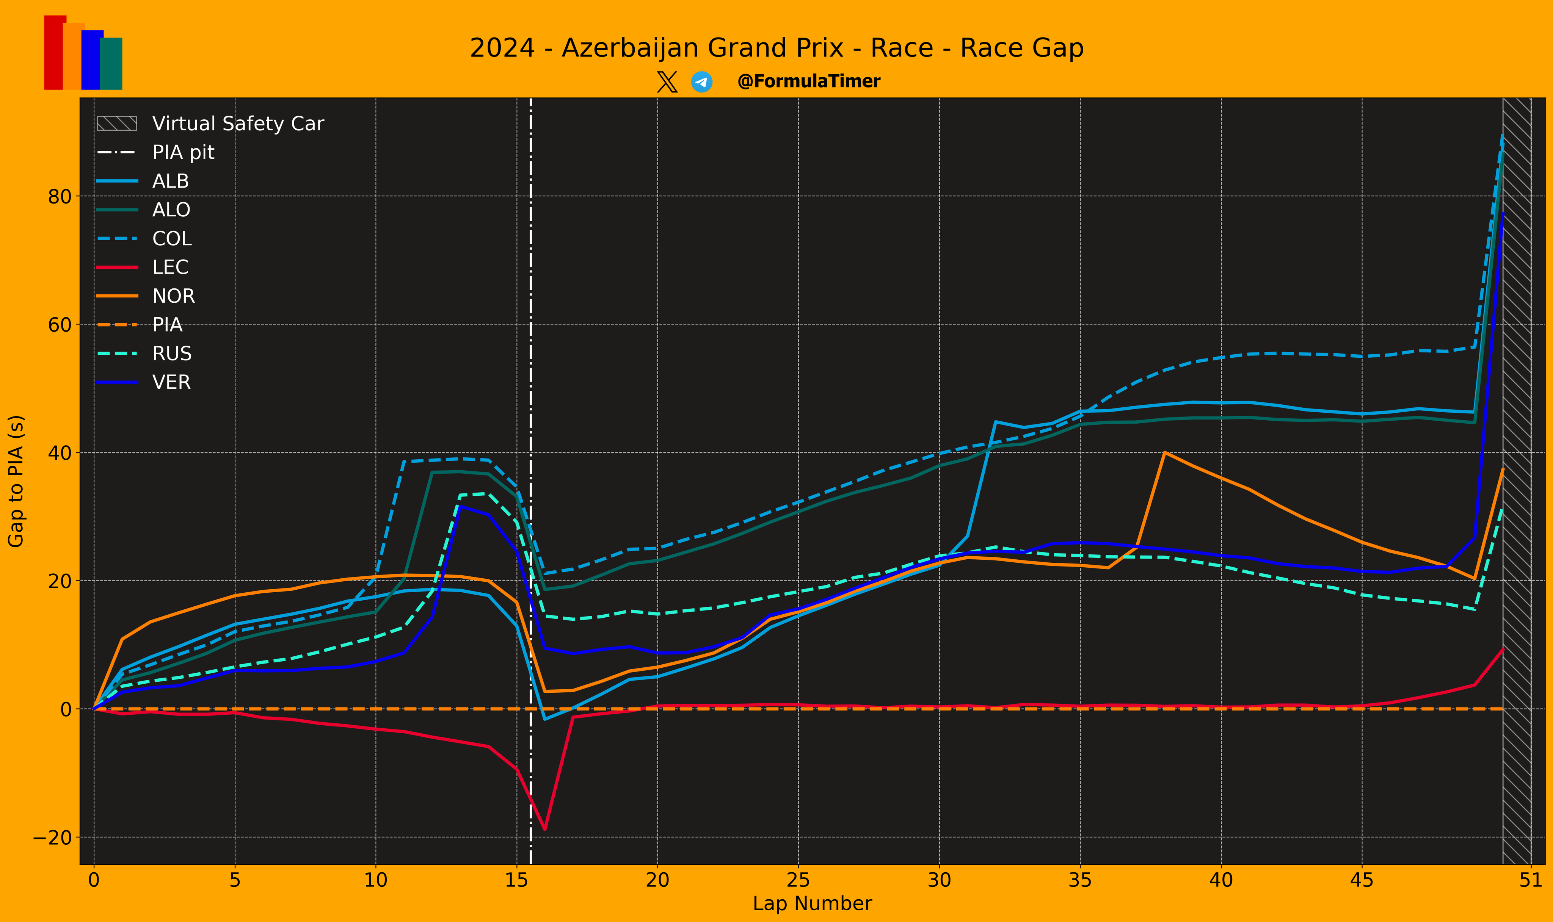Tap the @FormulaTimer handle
tap(808, 81)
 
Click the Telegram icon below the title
tap(701, 82)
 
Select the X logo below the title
tap(667, 82)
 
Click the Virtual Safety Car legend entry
tap(210, 124)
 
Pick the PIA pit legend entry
tap(155, 152)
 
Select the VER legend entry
tap(144, 382)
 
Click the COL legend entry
tap(144, 239)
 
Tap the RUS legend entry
tap(144, 354)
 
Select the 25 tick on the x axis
tap(798, 880)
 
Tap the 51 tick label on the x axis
tap(1531, 880)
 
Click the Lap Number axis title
tap(812, 904)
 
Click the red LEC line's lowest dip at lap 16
tap(544, 830)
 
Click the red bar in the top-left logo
tap(55, 52)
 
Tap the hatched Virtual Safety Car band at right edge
tap(1516, 481)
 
